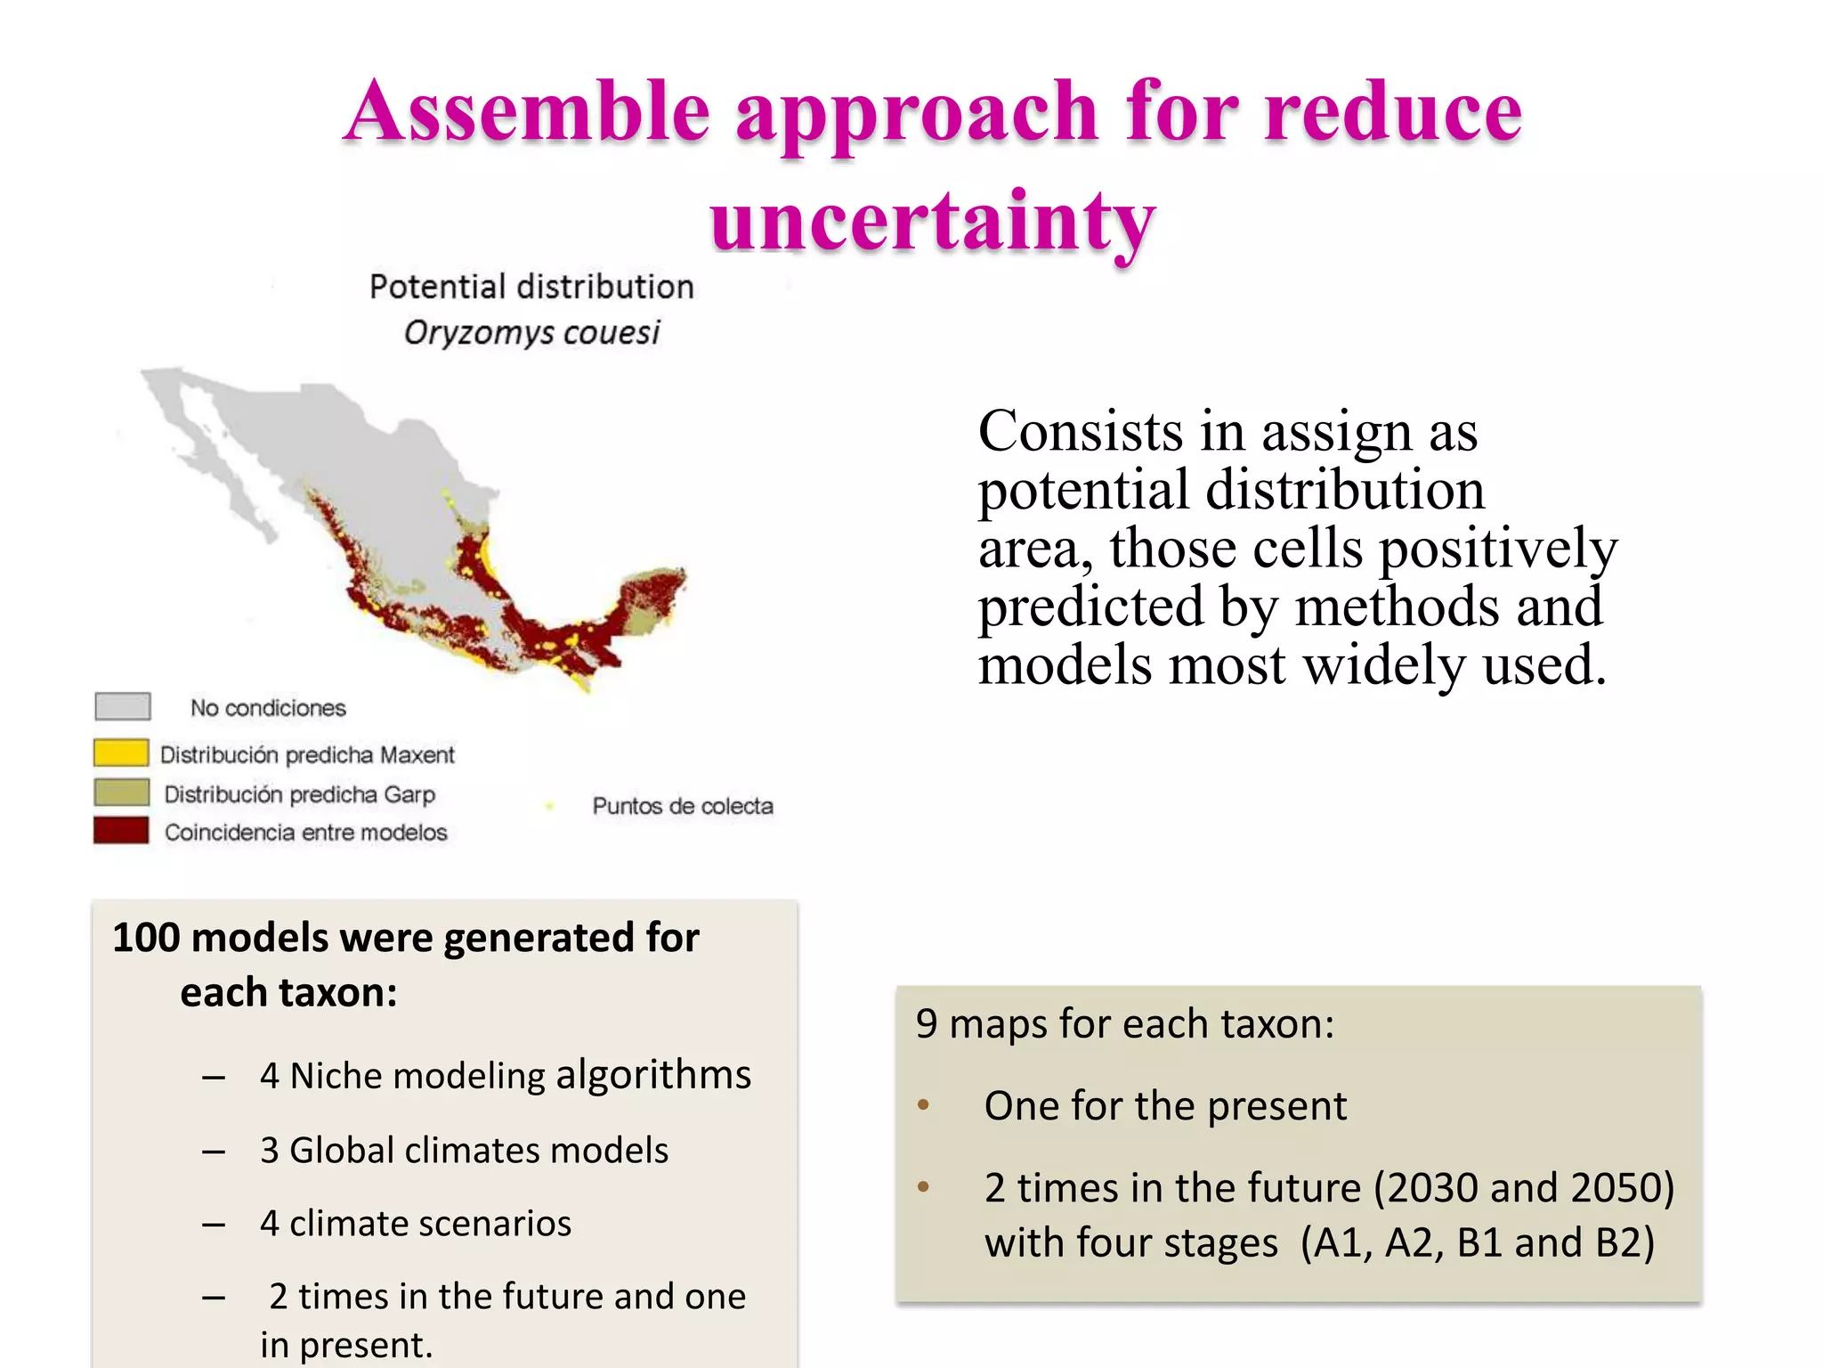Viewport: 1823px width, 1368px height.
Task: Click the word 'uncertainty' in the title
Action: pyautogui.click(x=932, y=221)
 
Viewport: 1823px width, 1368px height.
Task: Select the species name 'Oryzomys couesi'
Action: pyautogui.click(x=531, y=333)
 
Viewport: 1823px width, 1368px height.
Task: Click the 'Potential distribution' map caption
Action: pyautogui.click(x=531, y=287)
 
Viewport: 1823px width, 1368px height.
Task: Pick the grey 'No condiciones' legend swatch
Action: pyautogui.click(x=123, y=706)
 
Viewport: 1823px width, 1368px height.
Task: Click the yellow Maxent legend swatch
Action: pyautogui.click(x=121, y=753)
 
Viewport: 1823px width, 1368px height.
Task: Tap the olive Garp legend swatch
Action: pyautogui.click(x=121, y=792)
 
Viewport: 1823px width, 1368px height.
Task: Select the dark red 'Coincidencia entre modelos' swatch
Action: pyautogui.click(x=121, y=830)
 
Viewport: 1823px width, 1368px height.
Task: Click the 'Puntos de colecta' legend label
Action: pyautogui.click(x=682, y=806)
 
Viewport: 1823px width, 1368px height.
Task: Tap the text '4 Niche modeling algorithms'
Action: pyautogui.click(x=505, y=1075)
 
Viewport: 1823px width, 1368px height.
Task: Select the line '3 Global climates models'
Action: pyautogui.click(x=464, y=1150)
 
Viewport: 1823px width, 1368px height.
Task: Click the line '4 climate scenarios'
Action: pyautogui.click(x=416, y=1224)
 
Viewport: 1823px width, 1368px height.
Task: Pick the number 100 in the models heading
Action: pyautogui.click(x=146, y=938)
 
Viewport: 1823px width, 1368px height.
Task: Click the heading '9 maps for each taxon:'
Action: pyautogui.click(x=1125, y=1023)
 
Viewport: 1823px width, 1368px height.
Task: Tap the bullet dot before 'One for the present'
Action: pyautogui.click(x=923, y=1105)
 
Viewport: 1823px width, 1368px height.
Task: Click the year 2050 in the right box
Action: pyautogui.click(x=1613, y=1188)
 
